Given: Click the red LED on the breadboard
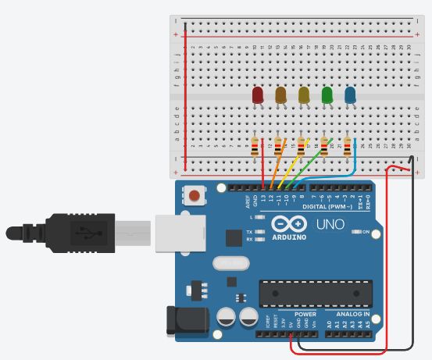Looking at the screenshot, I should click(258, 95).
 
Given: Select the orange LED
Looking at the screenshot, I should click(280, 95).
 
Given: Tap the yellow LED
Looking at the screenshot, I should click(304, 95).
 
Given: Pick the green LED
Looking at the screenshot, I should click(327, 95).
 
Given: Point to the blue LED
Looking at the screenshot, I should click(350, 95).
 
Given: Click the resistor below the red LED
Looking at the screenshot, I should click(255, 146).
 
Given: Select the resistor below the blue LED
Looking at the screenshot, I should click(347, 146).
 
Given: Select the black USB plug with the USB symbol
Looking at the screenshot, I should click(86, 232).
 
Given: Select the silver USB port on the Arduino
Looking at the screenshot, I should click(176, 232).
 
